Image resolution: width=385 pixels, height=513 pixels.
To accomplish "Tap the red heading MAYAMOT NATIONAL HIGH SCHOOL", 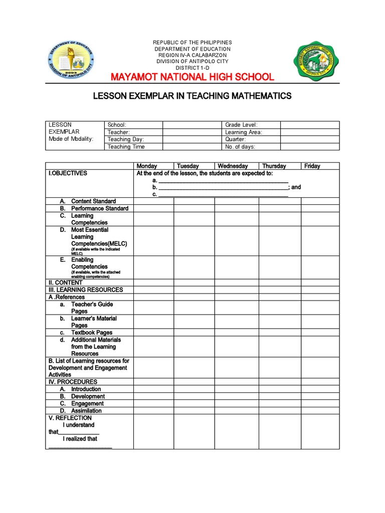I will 192,77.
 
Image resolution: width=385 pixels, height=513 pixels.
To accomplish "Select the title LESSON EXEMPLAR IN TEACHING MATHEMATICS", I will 192,96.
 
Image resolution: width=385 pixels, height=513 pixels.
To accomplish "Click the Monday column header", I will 147,166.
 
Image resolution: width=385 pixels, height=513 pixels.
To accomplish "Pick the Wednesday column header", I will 232,166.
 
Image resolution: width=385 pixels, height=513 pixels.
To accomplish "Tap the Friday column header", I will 312,166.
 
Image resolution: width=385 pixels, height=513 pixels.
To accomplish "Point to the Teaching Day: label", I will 126,139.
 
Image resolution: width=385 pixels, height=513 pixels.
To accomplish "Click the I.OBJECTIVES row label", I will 68,173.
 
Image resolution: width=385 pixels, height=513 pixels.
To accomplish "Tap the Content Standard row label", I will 93,201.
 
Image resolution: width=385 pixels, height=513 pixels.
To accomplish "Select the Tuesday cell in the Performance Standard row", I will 194,208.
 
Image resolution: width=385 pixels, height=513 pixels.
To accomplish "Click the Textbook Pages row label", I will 92,332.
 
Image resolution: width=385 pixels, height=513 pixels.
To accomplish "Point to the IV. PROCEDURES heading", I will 73,382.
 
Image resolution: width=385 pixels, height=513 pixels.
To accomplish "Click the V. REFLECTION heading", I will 70,418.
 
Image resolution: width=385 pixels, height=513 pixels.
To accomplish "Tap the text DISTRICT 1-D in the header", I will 192,68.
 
